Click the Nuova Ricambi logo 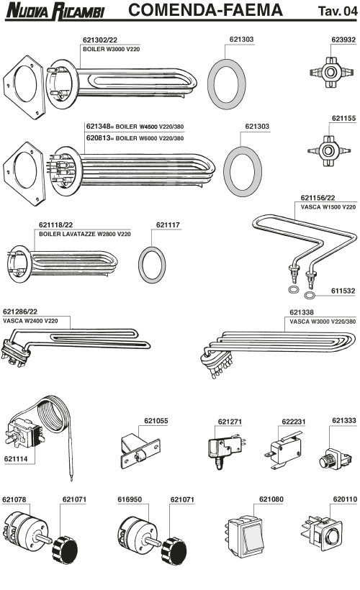click(x=55, y=11)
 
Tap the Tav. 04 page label click(x=338, y=11)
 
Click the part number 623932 click(x=343, y=40)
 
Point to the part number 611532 click(x=343, y=291)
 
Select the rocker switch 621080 click(x=246, y=537)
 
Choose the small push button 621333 click(x=335, y=458)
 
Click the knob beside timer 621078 click(x=65, y=550)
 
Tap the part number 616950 click(x=130, y=499)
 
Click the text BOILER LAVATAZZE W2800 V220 click(x=85, y=234)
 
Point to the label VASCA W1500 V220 click(x=328, y=206)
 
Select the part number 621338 click(x=301, y=312)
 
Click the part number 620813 click(x=99, y=137)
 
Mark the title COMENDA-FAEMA click(x=206, y=10)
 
